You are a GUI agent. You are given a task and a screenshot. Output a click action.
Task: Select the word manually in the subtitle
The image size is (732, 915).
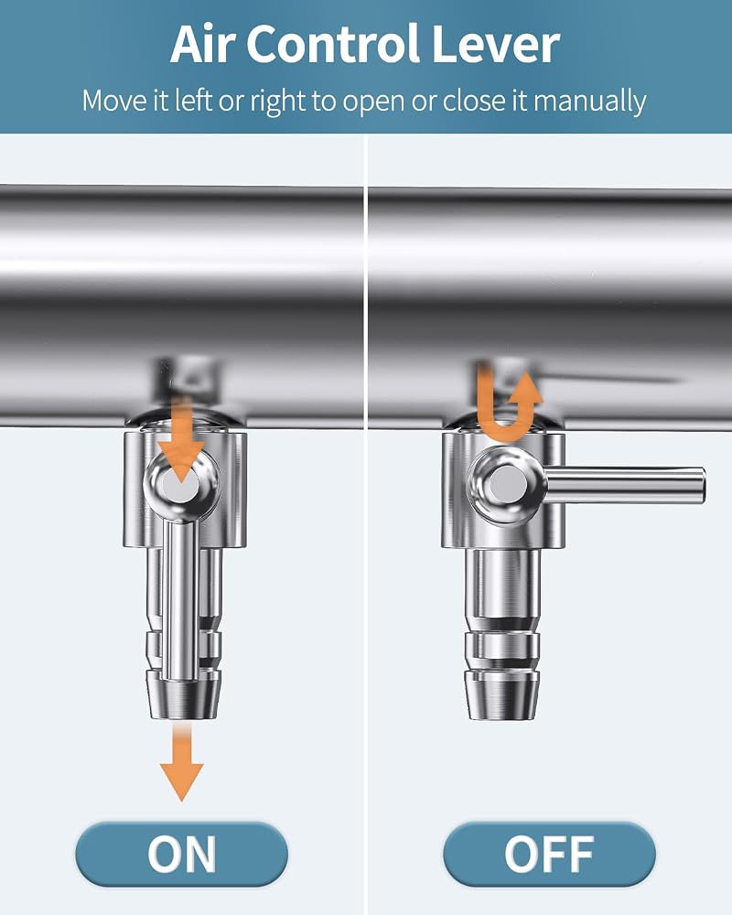589,102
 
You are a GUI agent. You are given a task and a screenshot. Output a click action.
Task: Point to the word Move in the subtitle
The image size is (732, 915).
114,101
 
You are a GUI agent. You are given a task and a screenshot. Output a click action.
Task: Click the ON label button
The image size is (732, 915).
181,854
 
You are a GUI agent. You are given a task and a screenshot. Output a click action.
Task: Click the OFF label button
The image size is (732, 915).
549,854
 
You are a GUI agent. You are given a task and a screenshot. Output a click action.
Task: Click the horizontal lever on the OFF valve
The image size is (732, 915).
625,485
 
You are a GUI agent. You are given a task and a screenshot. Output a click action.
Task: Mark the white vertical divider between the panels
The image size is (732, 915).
365,524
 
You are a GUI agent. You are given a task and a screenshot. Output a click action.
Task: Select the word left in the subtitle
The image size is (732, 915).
193,101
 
